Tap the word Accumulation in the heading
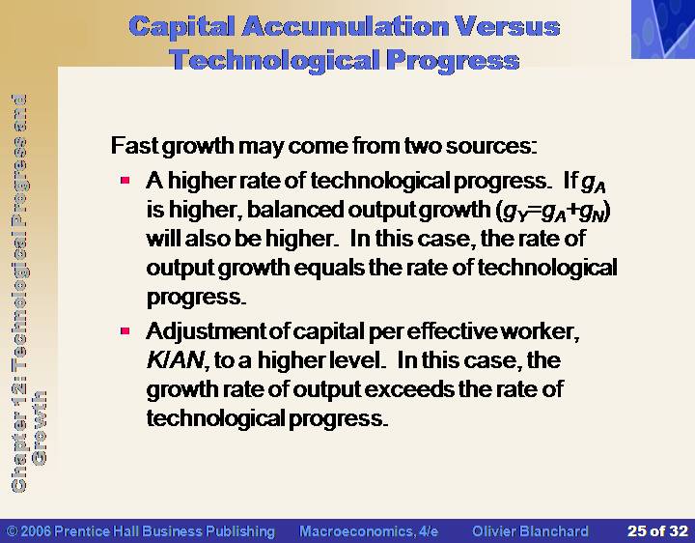tap(345, 27)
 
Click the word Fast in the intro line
tap(135, 146)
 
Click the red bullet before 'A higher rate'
tap(125, 180)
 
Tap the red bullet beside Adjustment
tap(125, 330)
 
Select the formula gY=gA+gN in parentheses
tap(553, 212)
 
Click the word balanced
tap(295, 210)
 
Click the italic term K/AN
tap(175, 360)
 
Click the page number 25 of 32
tap(657, 531)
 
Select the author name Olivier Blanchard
tap(530, 531)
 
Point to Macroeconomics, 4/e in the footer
tap(369, 531)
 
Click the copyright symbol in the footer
tap(13, 531)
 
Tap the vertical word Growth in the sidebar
tap(40, 428)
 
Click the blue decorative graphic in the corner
tap(663, 29)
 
